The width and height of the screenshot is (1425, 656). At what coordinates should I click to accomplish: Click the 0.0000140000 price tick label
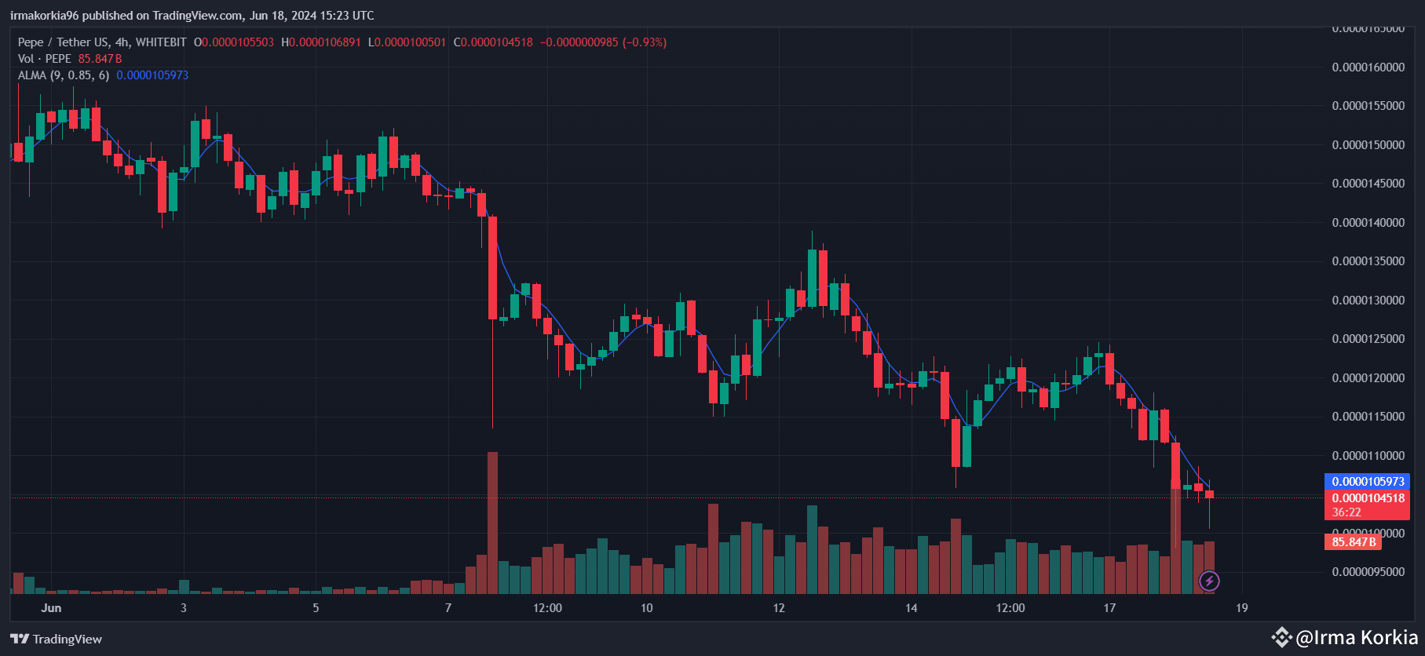click(x=1368, y=223)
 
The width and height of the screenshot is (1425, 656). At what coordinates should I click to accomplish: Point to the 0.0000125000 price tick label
click(x=1368, y=339)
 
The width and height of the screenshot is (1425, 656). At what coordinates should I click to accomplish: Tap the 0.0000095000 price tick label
click(x=1368, y=572)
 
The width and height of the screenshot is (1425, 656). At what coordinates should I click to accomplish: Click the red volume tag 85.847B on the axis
click(x=1353, y=541)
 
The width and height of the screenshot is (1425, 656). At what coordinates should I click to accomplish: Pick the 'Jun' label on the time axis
click(x=51, y=608)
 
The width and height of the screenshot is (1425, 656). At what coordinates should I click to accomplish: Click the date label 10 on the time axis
click(x=646, y=608)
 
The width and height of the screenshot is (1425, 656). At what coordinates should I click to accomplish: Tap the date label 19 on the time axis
click(x=1241, y=608)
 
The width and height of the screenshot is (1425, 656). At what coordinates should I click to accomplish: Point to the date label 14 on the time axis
click(x=911, y=608)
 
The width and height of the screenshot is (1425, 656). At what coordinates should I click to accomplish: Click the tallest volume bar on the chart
click(x=492, y=522)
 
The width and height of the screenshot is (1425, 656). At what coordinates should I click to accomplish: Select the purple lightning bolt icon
click(x=1209, y=581)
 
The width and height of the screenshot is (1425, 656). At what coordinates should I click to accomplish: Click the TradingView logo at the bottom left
click(x=57, y=639)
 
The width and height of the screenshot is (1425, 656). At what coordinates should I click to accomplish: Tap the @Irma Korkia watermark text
click(x=1356, y=637)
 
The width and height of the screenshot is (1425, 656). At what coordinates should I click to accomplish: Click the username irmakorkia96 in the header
click(x=44, y=16)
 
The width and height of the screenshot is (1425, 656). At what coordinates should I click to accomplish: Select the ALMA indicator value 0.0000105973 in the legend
click(x=152, y=75)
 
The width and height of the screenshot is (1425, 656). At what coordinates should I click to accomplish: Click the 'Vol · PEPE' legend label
click(x=45, y=59)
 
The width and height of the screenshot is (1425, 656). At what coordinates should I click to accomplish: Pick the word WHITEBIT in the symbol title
click(x=161, y=42)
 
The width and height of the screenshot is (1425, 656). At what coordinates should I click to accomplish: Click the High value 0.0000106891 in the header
click(x=325, y=42)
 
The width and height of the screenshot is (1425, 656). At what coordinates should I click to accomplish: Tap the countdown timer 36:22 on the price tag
click(x=1346, y=512)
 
